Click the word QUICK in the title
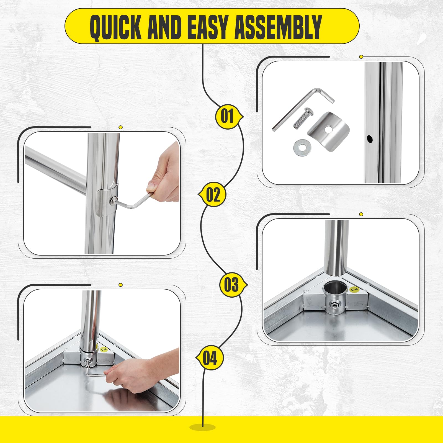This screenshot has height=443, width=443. click(x=115, y=27)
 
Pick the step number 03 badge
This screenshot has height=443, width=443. click(x=231, y=285)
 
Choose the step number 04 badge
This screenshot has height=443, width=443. click(x=210, y=358)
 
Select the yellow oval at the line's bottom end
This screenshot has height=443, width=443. click(x=203, y=435)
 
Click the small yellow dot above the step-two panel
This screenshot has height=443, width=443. click(x=120, y=127)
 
